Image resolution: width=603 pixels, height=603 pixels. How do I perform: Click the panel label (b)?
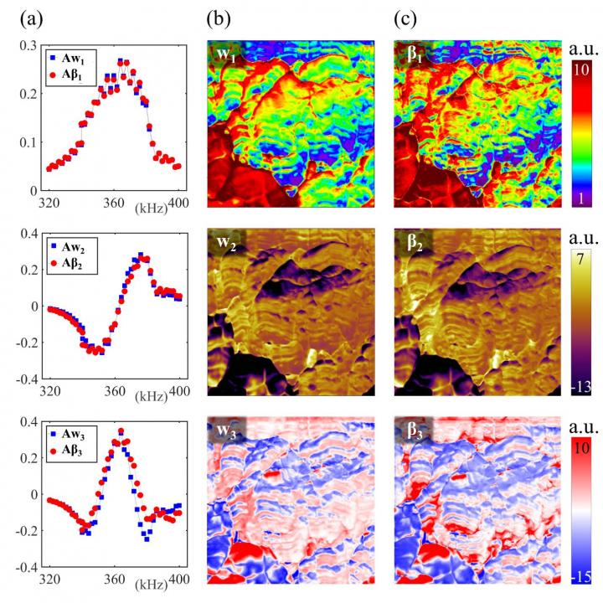219,13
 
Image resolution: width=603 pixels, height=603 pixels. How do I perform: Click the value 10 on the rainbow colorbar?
580,71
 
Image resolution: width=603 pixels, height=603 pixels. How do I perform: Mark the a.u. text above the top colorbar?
581,45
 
